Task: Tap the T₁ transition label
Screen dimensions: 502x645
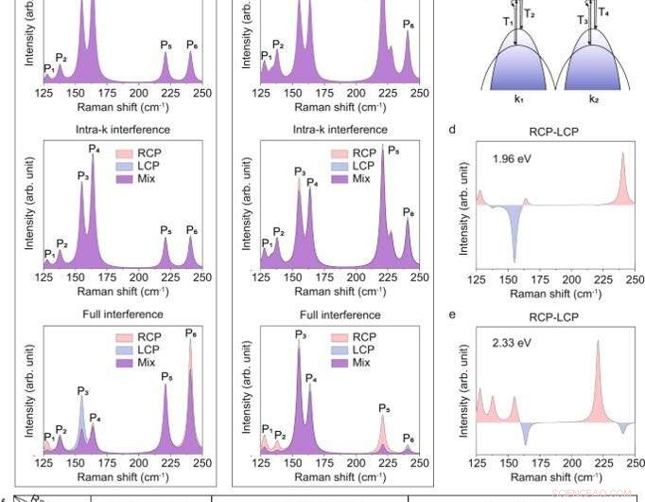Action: click(508, 21)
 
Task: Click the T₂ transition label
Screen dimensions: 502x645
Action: click(529, 14)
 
